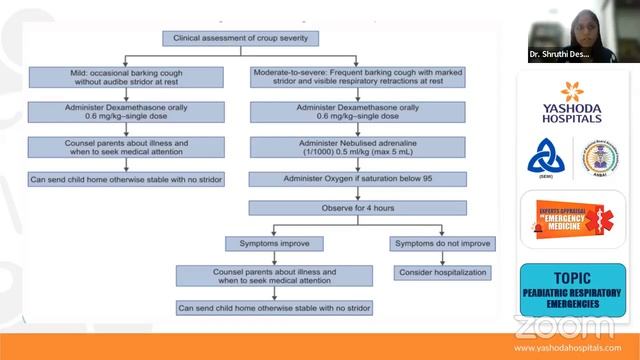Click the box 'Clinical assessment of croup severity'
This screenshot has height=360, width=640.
point(241,39)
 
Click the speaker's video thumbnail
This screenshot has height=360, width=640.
point(574,30)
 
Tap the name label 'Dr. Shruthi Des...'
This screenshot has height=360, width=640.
point(560,54)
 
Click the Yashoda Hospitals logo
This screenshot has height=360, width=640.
point(573,100)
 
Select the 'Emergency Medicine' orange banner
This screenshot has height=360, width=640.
point(573,220)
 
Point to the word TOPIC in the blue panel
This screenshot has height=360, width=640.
point(573,278)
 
